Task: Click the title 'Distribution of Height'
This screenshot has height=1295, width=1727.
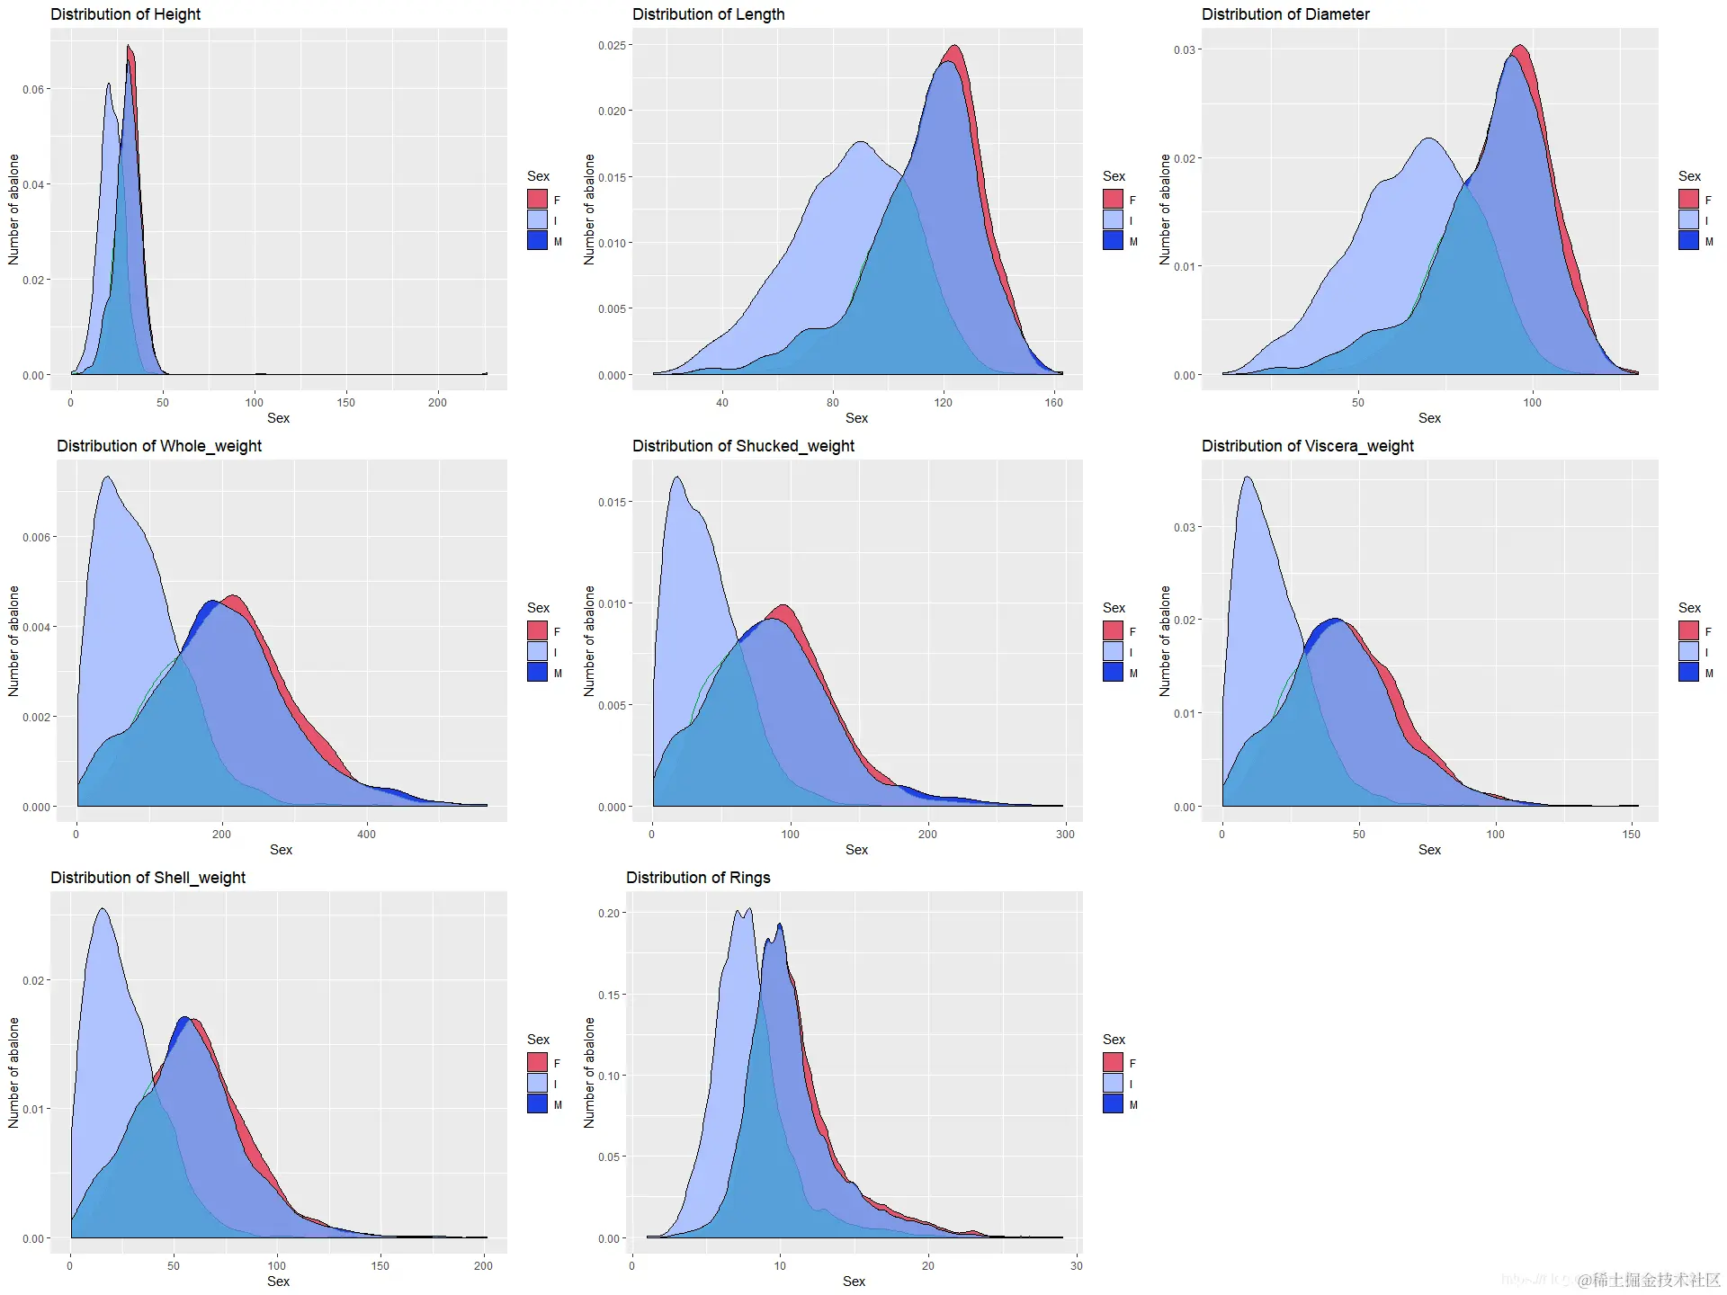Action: coord(125,14)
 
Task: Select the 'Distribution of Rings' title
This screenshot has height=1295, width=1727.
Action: coord(698,878)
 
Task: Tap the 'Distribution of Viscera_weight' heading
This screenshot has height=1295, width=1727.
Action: coord(1307,446)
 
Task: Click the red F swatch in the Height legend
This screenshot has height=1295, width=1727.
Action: coord(537,199)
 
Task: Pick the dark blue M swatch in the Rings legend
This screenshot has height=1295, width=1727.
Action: coord(1113,1103)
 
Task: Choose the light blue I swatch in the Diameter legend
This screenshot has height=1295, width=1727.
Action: coord(1688,219)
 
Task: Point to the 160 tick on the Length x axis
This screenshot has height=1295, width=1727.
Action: coord(1053,403)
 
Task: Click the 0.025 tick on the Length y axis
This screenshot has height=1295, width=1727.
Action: coord(613,45)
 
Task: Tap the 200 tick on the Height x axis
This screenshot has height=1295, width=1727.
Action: coord(437,403)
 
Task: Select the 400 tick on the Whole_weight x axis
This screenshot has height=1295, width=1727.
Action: coord(366,835)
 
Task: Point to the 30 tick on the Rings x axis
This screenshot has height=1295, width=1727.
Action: coord(1076,1266)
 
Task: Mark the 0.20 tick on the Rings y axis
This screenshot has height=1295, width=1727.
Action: coord(609,913)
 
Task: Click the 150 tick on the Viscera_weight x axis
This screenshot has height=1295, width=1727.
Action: coord(1631,835)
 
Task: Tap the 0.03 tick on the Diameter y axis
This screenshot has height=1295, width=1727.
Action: coord(1184,50)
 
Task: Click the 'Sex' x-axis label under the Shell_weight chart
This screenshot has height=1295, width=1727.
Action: coord(278,1282)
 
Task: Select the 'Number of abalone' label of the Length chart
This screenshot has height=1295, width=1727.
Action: coord(589,209)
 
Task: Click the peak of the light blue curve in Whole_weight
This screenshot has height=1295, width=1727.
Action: coord(107,477)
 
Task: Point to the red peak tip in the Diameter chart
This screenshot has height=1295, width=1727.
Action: coord(1520,46)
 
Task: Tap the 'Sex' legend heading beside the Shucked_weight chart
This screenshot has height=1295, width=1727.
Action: coord(1114,608)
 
